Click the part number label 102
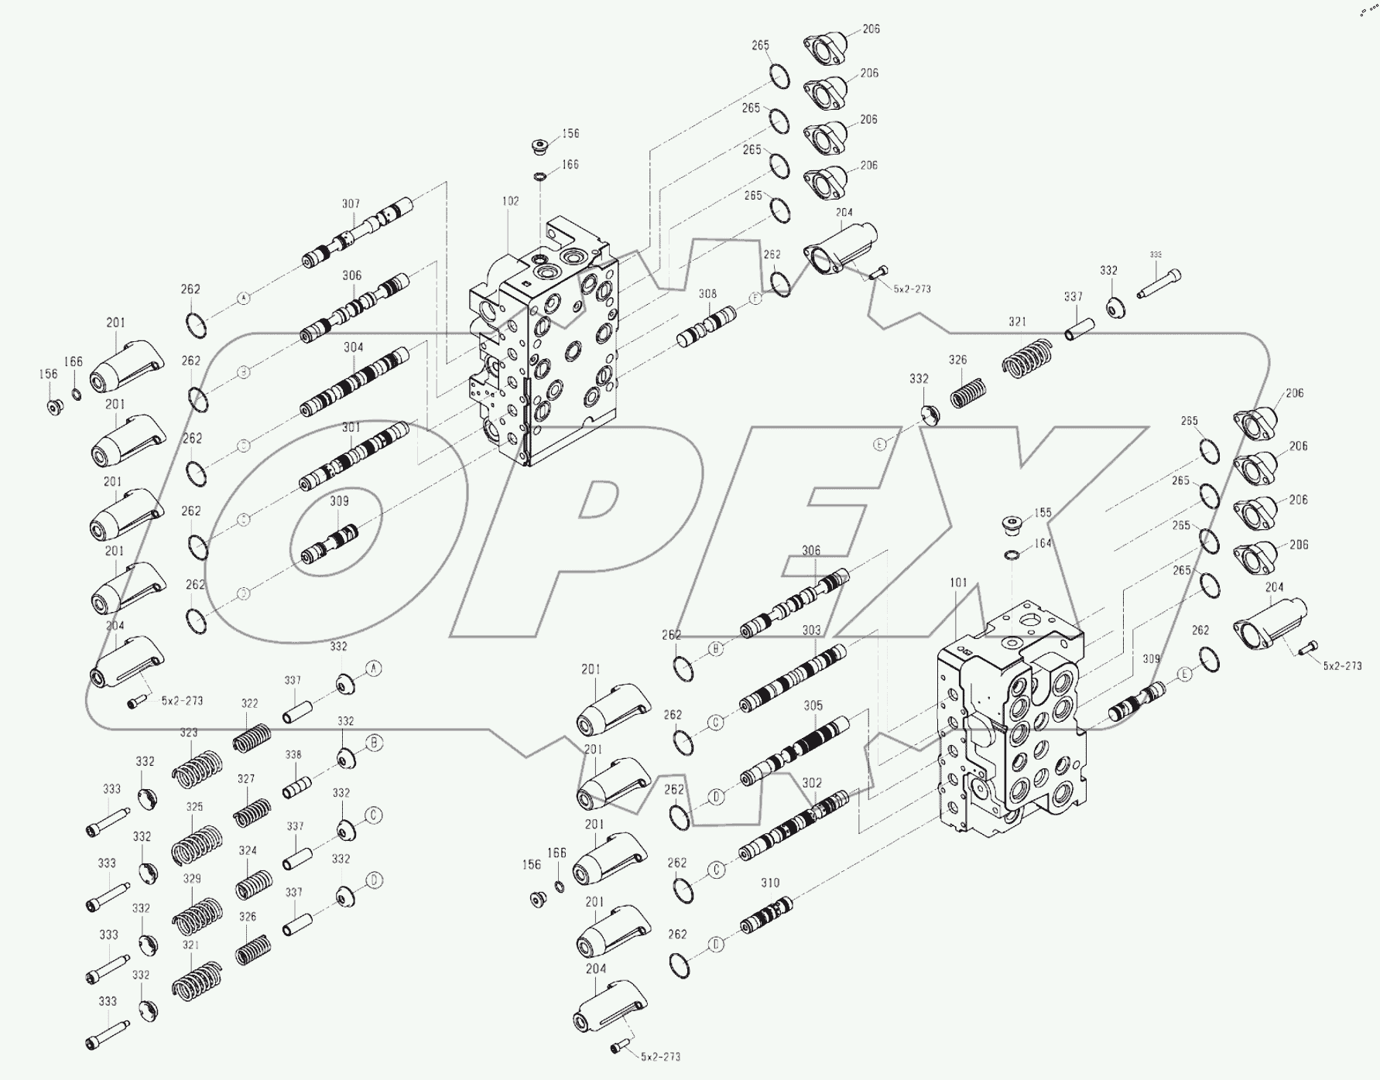(x=510, y=201)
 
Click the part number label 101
(x=958, y=583)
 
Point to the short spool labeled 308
(x=706, y=327)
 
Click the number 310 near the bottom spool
(x=770, y=883)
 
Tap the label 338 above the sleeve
(x=293, y=755)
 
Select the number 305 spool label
(x=813, y=706)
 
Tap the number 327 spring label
(x=246, y=779)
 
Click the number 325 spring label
(x=194, y=807)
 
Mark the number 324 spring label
(x=248, y=850)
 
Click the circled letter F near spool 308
(x=755, y=299)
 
